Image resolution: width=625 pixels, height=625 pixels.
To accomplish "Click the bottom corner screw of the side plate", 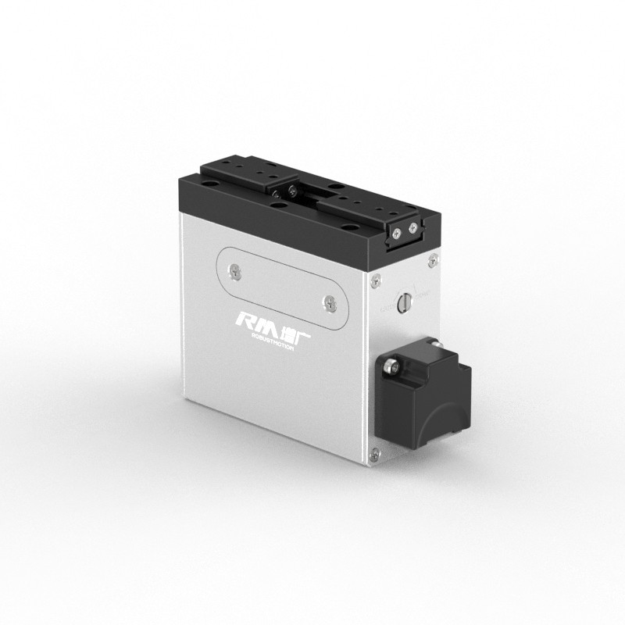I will coord(376,451).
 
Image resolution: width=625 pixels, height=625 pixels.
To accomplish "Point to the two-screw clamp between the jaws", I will coord(285,190).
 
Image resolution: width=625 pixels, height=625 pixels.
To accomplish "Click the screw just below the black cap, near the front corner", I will coord(377,278).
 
